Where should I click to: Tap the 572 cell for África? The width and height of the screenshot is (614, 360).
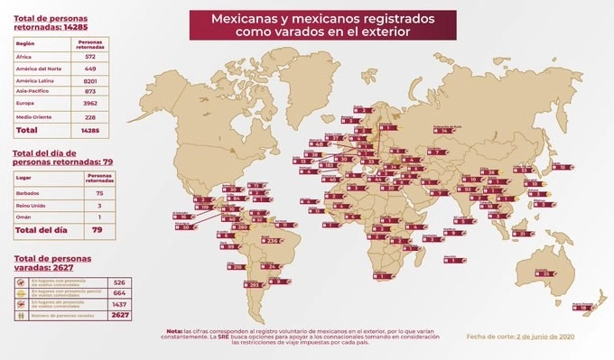[90, 55]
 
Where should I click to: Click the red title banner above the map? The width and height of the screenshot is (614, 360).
[310, 24]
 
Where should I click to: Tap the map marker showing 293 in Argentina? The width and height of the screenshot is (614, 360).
[230, 285]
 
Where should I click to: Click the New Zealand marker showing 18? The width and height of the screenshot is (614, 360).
[587, 308]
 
